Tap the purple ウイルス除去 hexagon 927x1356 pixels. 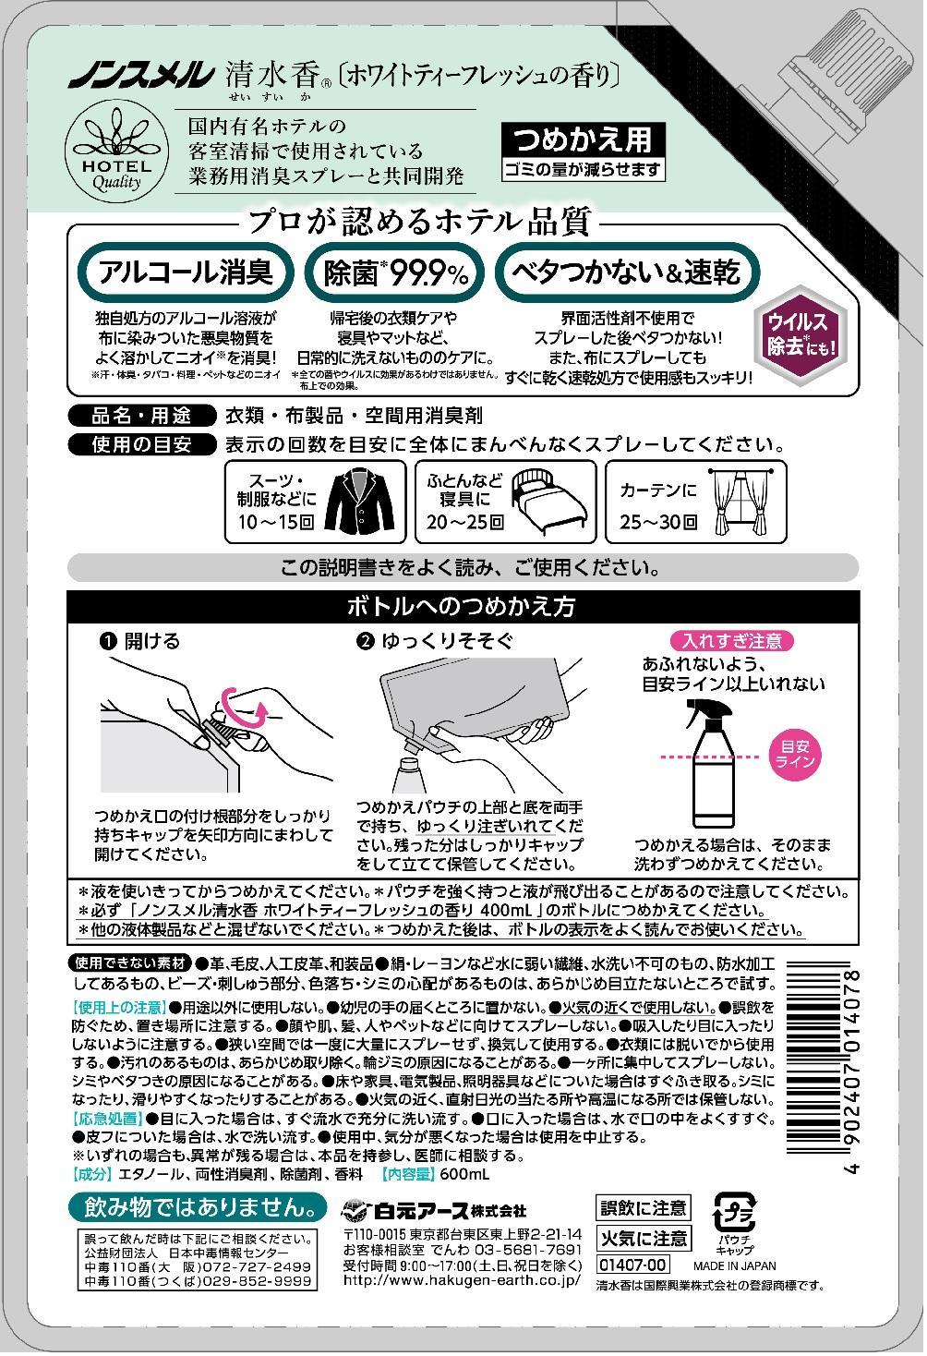pos(801,335)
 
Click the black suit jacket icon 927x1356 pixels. pos(359,502)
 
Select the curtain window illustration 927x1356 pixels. pos(741,502)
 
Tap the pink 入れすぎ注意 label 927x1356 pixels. pos(731,640)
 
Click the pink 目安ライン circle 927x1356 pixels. pos(794,755)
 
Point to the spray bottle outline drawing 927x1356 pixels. pos(715,763)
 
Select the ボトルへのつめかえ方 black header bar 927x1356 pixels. pos(463,607)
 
